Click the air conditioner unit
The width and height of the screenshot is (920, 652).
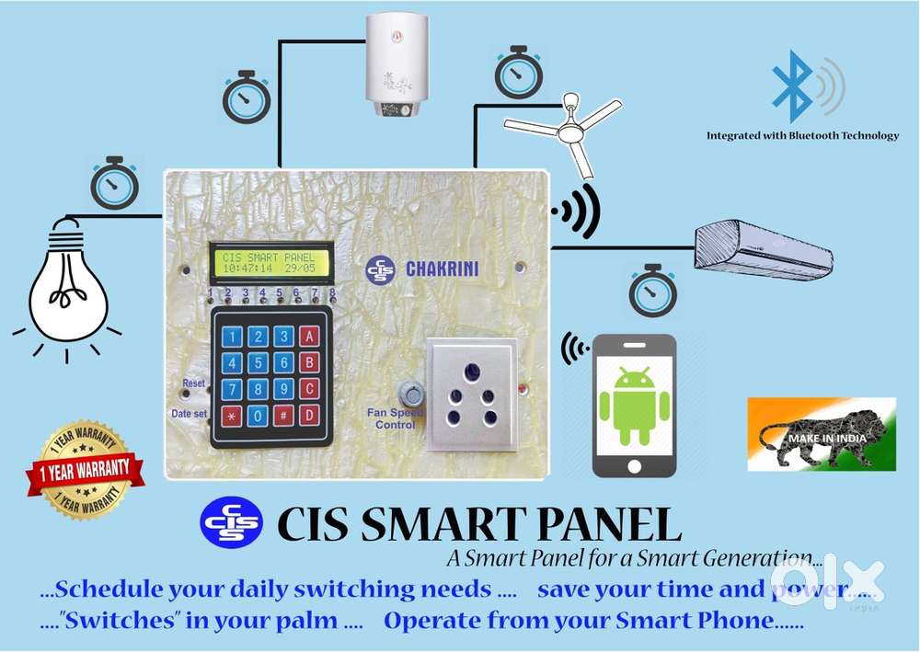point(763,248)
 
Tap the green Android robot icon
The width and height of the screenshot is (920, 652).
point(633,405)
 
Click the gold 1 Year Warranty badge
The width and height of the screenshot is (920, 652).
point(84,470)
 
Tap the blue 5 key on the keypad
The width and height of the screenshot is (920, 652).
point(259,362)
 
